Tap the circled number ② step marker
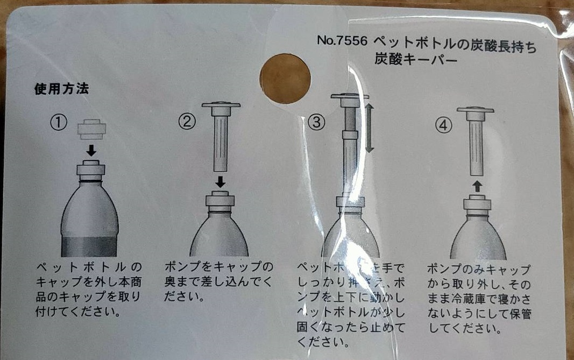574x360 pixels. pyautogui.click(x=186, y=123)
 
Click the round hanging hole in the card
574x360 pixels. pyautogui.click(x=285, y=77)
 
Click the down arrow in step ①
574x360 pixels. pyautogui.click(x=91, y=150)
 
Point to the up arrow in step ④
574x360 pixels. pyautogui.click(x=477, y=187)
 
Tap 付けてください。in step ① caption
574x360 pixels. pyautogui.click(x=77, y=312)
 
